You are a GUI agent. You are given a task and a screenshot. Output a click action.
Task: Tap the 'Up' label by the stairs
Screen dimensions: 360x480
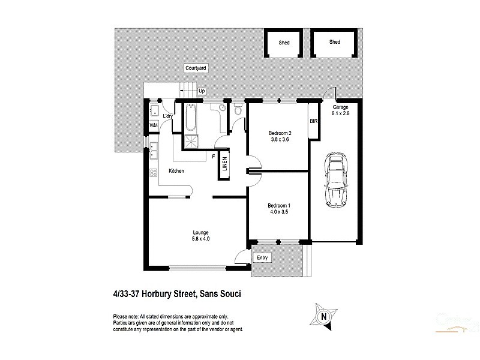tap(202, 91)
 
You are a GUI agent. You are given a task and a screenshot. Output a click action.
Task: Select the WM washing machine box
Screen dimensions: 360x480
tap(154, 125)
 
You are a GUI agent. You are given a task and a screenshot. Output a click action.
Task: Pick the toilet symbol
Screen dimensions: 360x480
tap(238, 110)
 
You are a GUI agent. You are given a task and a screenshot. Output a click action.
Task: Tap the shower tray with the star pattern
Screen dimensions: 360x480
tap(193, 142)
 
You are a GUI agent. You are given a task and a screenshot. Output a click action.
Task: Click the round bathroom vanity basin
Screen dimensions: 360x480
tap(221, 108)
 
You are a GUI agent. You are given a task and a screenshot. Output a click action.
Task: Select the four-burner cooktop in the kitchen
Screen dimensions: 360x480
tap(153, 172)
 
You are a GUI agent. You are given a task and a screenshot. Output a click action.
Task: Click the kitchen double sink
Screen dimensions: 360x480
tap(153, 149)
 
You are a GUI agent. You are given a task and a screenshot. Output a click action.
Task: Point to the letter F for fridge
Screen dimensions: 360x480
tap(213, 156)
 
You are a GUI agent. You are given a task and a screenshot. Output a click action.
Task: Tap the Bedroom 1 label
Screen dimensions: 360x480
tap(280, 205)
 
